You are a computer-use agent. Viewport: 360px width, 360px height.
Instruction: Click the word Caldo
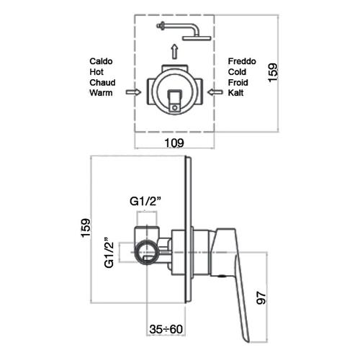coord(101,61)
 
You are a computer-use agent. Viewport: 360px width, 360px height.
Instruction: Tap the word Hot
coord(96,72)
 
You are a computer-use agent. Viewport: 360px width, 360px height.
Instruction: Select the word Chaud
coord(102,83)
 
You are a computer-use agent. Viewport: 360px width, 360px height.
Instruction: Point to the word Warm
coord(101,93)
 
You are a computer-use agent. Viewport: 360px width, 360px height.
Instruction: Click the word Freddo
coord(242,61)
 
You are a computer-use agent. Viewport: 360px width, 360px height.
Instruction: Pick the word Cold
coord(237,72)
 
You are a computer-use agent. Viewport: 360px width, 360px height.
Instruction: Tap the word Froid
coord(238,83)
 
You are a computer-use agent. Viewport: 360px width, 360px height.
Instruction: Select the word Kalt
coord(235,93)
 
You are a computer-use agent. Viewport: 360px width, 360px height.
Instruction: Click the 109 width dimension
coord(174,143)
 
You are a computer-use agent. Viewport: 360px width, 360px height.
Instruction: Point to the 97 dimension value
coord(261,298)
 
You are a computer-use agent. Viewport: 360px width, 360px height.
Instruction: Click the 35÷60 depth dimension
coord(166,329)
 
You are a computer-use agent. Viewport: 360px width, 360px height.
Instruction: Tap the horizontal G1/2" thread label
coord(145,202)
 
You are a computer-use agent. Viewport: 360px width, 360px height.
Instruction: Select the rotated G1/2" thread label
coord(109,253)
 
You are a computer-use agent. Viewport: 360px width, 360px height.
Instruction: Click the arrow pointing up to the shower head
coord(175,51)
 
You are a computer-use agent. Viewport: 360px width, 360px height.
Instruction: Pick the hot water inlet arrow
coord(133,92)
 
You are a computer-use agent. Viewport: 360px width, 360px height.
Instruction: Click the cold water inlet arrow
coord(215,92)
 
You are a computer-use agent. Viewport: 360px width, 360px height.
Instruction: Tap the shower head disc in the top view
coord(197,38)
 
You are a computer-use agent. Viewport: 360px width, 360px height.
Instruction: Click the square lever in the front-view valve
coord(174,100)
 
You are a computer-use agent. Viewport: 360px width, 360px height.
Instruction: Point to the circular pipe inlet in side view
coord(146,252)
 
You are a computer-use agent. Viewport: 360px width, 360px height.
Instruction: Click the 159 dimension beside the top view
coord(273,73)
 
